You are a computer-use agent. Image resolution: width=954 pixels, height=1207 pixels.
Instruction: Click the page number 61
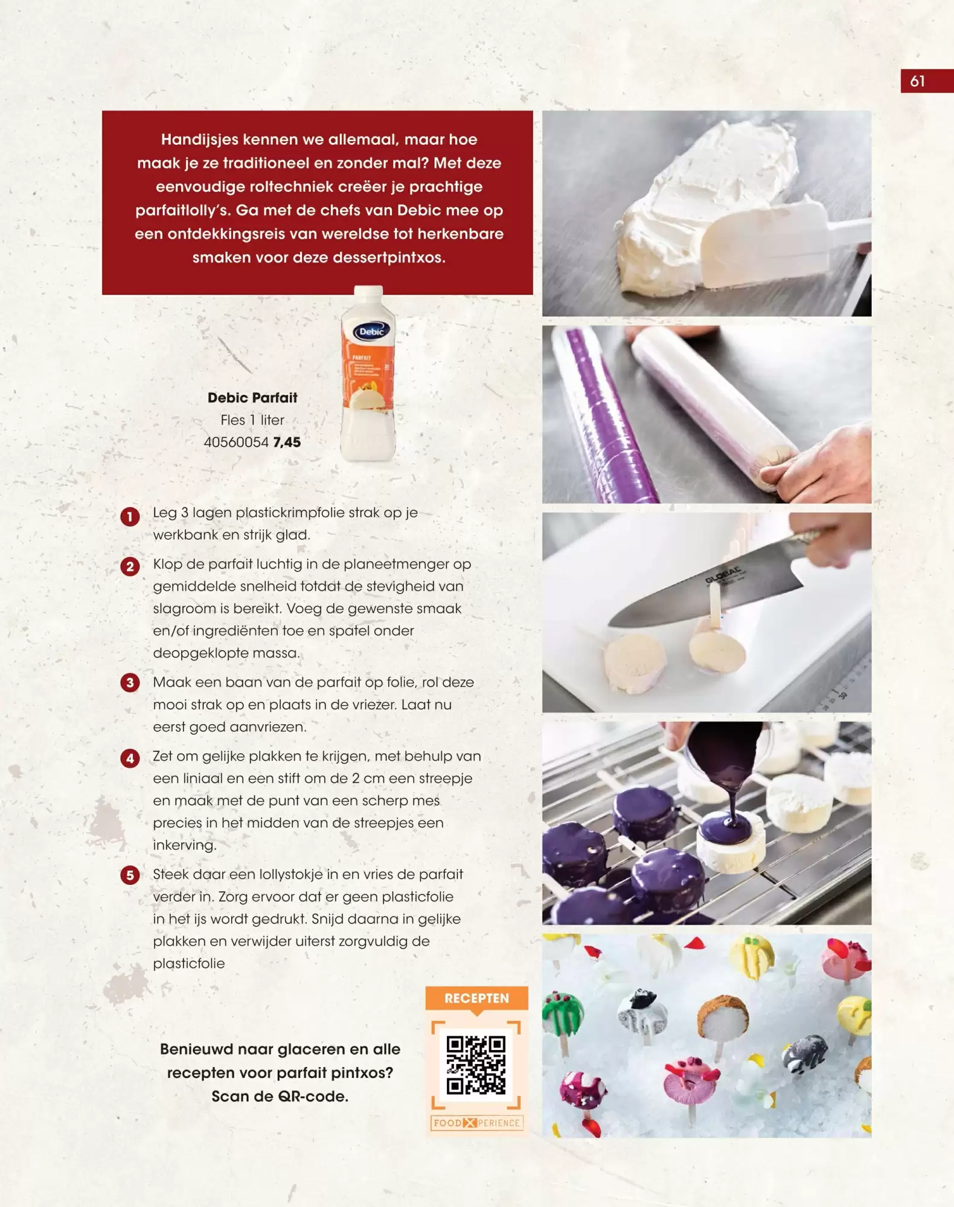click(917, 81)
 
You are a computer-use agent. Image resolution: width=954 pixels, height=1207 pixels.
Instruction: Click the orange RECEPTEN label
click(476, 998)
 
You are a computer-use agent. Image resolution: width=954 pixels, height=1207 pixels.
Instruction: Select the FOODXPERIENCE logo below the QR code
click(476, 1123)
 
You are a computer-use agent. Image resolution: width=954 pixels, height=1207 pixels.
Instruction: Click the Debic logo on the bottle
click(371, 331)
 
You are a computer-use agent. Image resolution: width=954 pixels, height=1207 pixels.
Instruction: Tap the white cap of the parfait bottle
click(368, 293)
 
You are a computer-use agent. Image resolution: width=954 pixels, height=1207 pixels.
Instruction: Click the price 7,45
click(287, 442)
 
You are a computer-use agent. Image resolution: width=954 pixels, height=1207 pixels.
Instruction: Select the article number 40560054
click(236, 442)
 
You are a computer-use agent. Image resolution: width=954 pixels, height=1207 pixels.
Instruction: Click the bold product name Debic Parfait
click(252, 398)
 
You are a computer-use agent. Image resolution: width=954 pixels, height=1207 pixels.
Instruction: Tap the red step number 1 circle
click(130, 517)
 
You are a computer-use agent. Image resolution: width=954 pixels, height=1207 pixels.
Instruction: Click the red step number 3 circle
click(130, 683)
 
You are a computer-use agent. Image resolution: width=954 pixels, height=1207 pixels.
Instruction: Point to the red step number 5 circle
click(130, 874)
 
